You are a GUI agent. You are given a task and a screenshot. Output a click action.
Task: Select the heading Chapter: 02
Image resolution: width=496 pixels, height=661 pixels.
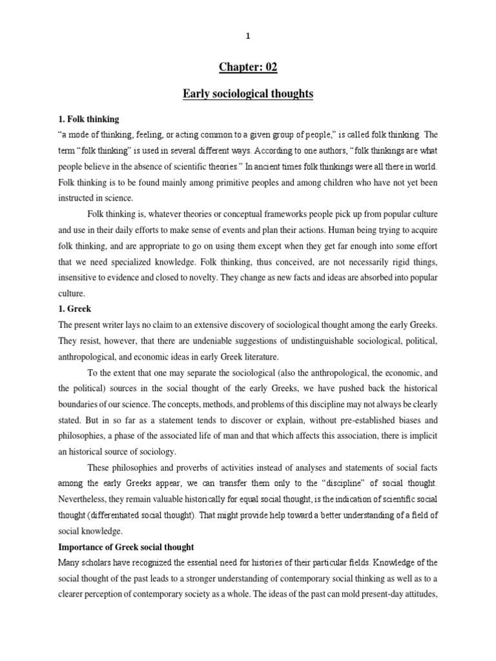click(x=248, y=68)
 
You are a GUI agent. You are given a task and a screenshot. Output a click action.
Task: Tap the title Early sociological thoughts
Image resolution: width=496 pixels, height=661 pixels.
click(x=248, y=94)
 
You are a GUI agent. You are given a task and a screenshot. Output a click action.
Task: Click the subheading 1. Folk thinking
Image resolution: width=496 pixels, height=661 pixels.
click(x=88, y=119)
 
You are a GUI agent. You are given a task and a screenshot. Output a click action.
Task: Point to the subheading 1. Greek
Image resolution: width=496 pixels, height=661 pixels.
click(x=76, y=309)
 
